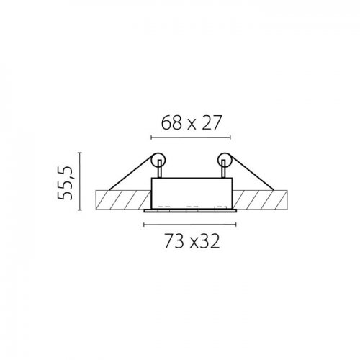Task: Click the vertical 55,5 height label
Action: point(65,183)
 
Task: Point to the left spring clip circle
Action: point(158,160)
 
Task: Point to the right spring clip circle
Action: point(225,160)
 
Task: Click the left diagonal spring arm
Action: point(131,173)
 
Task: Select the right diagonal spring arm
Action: point(252,173)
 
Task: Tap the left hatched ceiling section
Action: point(123,200)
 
